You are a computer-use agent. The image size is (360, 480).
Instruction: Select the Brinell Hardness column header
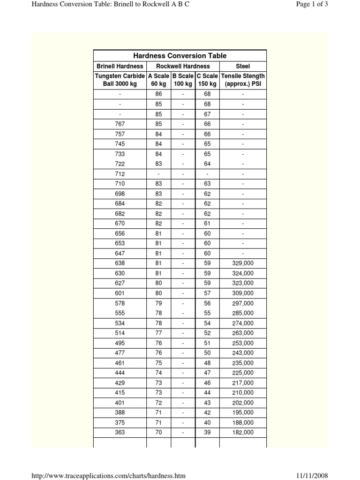click(120, 66)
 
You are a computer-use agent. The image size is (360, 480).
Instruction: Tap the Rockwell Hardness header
click(183, 66)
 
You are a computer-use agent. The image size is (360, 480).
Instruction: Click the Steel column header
click(243, 66)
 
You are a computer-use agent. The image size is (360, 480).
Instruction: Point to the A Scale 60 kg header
click(158, 80)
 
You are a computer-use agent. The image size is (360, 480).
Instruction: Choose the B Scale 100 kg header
click(183, 80)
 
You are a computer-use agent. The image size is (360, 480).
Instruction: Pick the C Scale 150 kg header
click(207, 80)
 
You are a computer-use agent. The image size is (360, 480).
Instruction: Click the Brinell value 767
click(120, 124)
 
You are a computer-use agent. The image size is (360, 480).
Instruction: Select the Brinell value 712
click(120, 174)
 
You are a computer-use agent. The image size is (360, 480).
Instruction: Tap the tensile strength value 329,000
click(243, 263)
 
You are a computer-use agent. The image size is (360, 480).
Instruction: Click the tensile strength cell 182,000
click(243, 433)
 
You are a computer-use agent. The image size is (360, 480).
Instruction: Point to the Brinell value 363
click(120, 433)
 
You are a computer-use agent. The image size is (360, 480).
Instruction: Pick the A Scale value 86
click(158, 94)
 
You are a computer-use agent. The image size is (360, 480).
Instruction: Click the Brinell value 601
click(120, 293)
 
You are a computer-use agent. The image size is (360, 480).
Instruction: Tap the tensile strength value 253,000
click(243, 343)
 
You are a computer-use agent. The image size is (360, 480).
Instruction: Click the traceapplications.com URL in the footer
click(108, 476)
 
